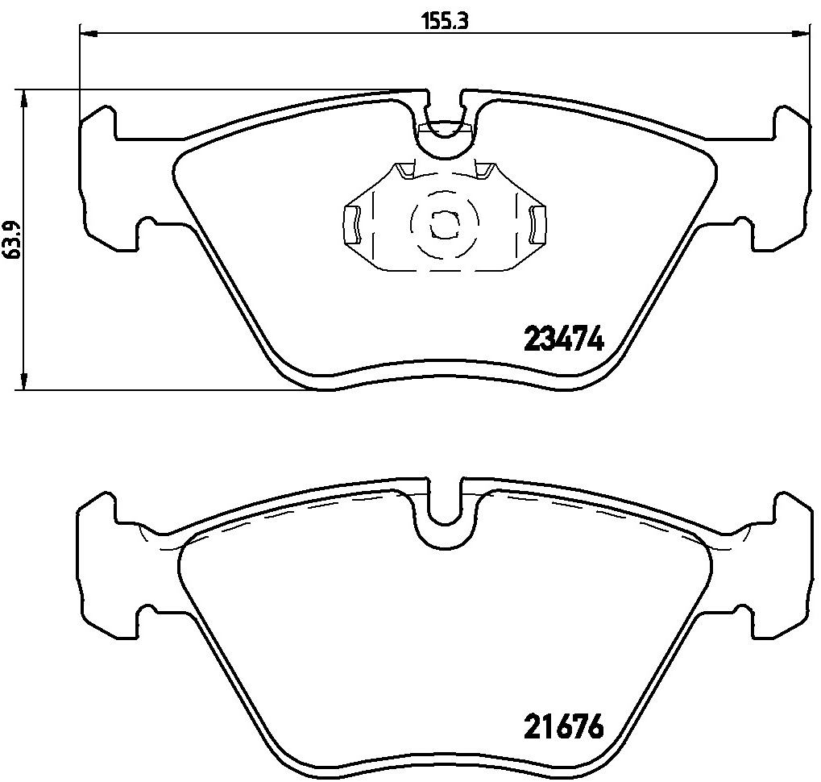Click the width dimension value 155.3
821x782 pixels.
tap(445, 21)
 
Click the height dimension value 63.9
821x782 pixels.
tap(10, 239)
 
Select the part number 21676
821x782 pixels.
tap(563, 728)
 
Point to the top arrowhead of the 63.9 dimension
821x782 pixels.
tap(25, 97)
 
